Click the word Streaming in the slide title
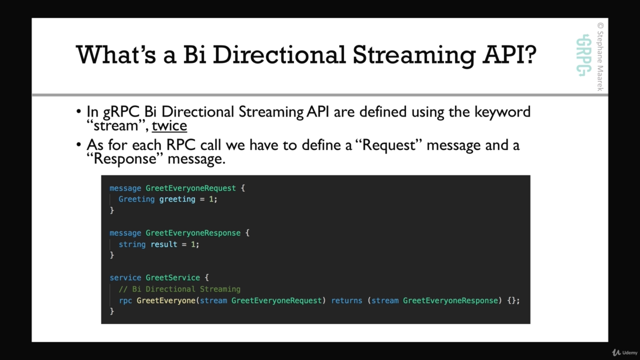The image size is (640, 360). click(x=414, y=55)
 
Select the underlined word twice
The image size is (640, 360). click(x=169, y=125)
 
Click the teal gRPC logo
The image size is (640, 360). click(x=583, y=55)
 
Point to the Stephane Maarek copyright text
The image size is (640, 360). click(x=600, y=56)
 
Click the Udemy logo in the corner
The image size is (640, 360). click(x=625, y=352)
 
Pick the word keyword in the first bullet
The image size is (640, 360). click(x=502, y=111)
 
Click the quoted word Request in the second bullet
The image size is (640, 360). click(x=389, y=145)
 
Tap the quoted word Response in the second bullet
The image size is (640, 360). click(x=125, y=159)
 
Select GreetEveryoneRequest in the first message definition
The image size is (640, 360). click(x=190, y=188)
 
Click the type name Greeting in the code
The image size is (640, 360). click(x=136, y=199)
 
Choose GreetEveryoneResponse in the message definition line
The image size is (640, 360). click(x=193, y=233)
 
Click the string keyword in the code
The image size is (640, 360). click(x=132, y=244)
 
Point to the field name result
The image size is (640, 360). click(x=163, y=244)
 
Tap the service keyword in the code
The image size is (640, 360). click(x=125, y=277)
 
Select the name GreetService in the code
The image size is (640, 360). click(x=172, y=277)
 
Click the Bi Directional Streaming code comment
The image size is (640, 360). click(x=179, y=289)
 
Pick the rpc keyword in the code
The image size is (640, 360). click(x=125, y=301)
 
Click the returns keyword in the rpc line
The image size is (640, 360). click(x=346, y=300)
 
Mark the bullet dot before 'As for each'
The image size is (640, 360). click(x=79, y=144)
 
